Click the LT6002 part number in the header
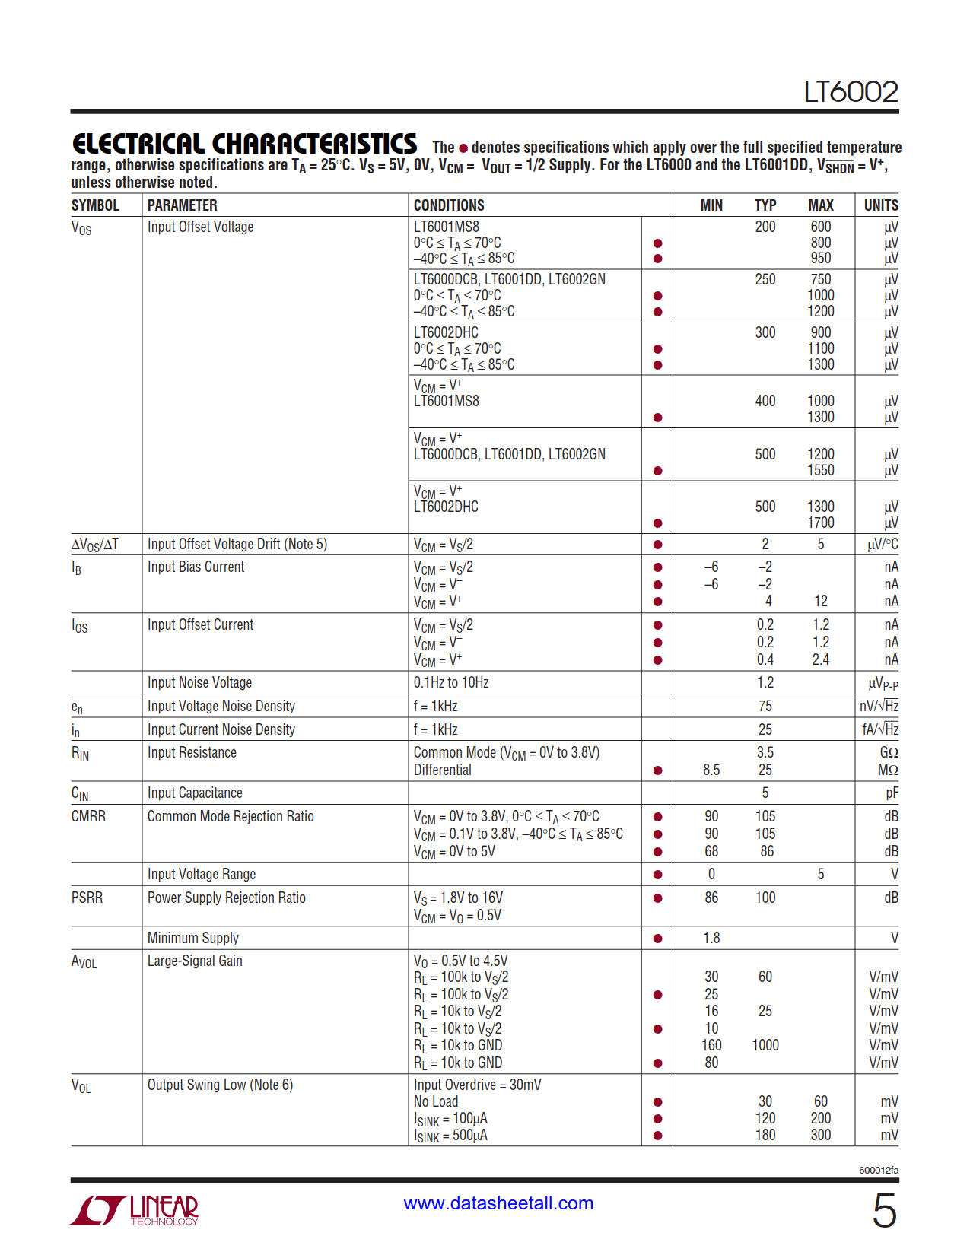coord(851,92)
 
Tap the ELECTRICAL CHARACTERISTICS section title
coord(244,144)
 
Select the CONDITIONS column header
coord(449,205)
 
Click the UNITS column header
coord(881,205)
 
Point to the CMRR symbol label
coord(88,816)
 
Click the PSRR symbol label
coord(87,898)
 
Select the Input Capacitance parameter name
coord(195,793)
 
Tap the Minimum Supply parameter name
coord(193,938)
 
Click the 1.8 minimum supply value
coord(711,938)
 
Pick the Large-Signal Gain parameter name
coord(195,961)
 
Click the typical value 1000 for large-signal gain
coord(765,1045)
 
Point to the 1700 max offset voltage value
coord(821,523)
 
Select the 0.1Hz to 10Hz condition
coord(451,682)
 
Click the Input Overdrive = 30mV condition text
coord(477,1085)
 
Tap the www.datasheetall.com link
coord(498,1203)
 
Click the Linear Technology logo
coord(134,1209)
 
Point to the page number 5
coord(884,1210)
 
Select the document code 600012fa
coord(879,1170)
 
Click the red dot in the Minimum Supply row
coord(657,939)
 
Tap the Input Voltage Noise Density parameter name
coord(221,706)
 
